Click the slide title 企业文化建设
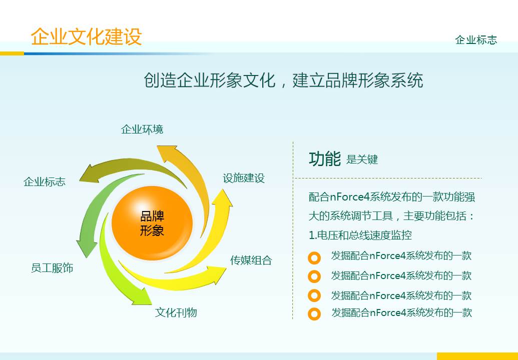coord(86,36)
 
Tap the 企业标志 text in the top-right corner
coord(476,40)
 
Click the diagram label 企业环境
coord(142,129)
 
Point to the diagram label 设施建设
coord(243,178)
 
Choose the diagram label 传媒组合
coord(251,260)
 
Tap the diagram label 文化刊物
coord(176,312)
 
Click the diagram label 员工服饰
coord(52,268)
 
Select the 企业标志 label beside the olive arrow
coord(44,181)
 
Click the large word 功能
coord(325,158)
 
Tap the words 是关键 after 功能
coord(362,160)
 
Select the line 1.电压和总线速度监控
coord(360,235)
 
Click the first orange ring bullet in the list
coord(314,258)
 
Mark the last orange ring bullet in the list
coord(314,314)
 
